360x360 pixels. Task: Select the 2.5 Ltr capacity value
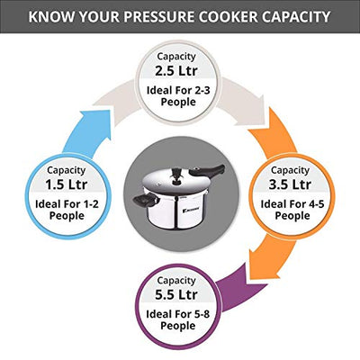click(180, 70)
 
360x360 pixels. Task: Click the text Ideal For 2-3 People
click(180, 97)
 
